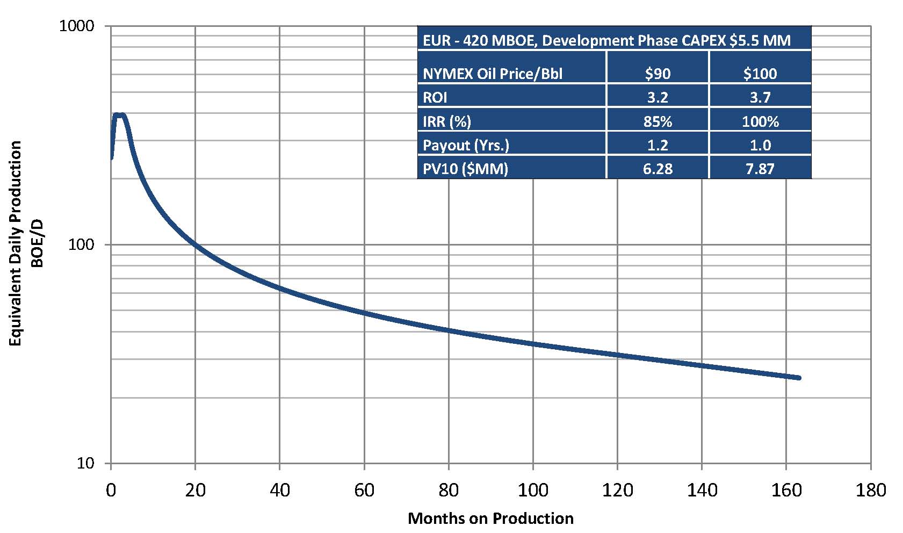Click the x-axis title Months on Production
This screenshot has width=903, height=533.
[490, 518]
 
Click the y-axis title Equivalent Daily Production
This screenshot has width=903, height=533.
[16, 243]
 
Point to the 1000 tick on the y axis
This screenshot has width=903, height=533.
[76, 26]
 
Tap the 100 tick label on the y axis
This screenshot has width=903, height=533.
[81, 244]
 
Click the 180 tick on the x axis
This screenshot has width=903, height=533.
[870, 490]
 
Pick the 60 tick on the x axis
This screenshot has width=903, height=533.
[364, 490]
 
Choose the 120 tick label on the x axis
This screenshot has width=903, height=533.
[617, 490]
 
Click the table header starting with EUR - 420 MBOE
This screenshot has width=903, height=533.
[606, 40]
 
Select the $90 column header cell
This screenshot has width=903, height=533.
[658, 74]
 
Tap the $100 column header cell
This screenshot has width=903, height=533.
[760, 74]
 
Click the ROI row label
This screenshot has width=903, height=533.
[435, 97]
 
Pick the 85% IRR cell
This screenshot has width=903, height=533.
[658, 121]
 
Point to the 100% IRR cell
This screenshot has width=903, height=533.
[760, 121]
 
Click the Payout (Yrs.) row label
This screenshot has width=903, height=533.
[466, 145]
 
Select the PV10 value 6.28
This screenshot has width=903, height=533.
[658, 169]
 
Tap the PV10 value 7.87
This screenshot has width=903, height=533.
[760, 169]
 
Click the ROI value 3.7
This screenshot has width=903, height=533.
[760, 97]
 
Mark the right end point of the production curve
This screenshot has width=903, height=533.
[799, 378]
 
